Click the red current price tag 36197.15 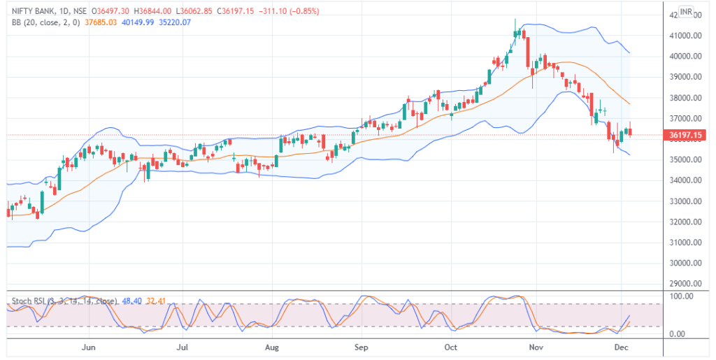click(x=685, y=135)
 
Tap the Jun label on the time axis click(x=88, y=347)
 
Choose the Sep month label click(x=361, y=347)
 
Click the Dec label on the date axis click(x=620, y=347)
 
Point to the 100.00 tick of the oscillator click(x=681, y=297)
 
